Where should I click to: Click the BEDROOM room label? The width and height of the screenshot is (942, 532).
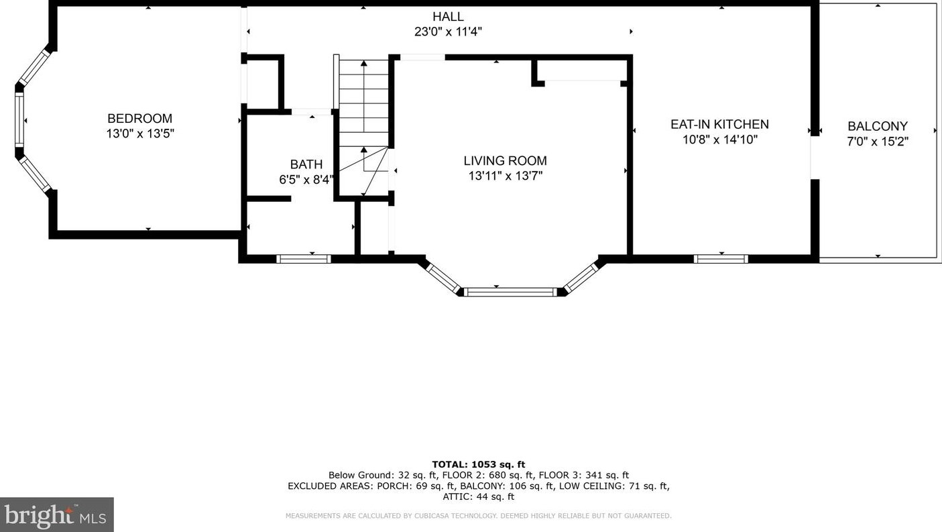(x=139, y=118)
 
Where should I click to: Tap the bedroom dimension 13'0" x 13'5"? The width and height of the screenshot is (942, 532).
(x=140, y=134)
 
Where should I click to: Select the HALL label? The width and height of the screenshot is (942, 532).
(x=449, y=17)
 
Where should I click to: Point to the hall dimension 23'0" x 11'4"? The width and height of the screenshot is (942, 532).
(x=449, y=32)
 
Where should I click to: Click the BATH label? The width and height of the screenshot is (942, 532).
(x=306, y=164)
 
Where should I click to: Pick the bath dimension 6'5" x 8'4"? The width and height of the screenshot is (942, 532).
(x=306, y=180)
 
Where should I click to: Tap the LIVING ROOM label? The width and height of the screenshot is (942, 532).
(x=505, y=161)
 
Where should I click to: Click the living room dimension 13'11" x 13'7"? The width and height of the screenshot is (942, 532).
(x=506, y=176)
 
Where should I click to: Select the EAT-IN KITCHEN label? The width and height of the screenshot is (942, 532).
(x=719, y=124)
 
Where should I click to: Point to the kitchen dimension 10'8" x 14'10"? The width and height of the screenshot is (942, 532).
(x=720, y=140)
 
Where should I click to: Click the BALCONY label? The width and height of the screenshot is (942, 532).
(x=878, y=126)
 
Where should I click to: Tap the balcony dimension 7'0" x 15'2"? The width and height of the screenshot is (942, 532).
(x=878, y=142)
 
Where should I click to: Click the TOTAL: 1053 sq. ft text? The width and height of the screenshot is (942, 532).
(x=479, y=465)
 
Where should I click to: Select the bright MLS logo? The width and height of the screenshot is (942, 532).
(x=56, y=515)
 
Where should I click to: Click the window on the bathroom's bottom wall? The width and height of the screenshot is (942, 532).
(x=304, y=259)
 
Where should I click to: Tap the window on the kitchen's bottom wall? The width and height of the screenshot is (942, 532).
(x=721, y=259)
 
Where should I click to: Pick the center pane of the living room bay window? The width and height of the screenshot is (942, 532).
(x=512, y=292)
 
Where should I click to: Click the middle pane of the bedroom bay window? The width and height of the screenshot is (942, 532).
(x=19, y=120)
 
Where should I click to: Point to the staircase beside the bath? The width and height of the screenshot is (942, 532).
(x=363, y=126)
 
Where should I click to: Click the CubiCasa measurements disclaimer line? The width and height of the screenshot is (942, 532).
(x=479, y=516)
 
